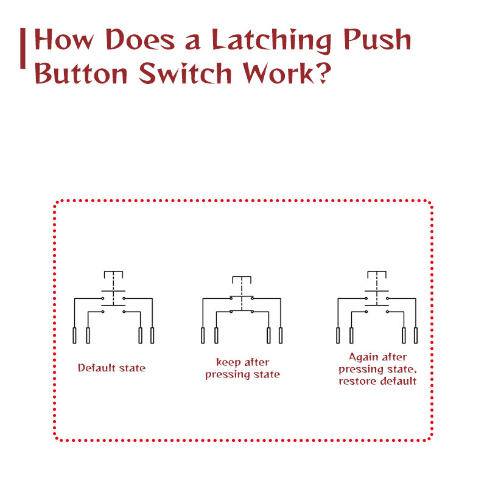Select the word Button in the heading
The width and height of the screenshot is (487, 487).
[81, 74]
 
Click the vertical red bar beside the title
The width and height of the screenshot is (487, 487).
[23, 49]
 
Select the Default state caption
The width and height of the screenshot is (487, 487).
[111, 368]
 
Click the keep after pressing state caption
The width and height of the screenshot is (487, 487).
[242, 368]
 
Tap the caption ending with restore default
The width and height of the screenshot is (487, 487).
[377, 369]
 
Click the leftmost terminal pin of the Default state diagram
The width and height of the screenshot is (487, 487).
[75, 335]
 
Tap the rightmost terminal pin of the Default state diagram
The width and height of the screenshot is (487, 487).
[152, 335]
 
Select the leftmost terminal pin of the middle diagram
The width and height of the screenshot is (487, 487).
[203, 335]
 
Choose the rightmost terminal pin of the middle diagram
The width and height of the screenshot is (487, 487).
[281, 335]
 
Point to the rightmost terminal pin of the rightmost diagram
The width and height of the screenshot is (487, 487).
[416, 335]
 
